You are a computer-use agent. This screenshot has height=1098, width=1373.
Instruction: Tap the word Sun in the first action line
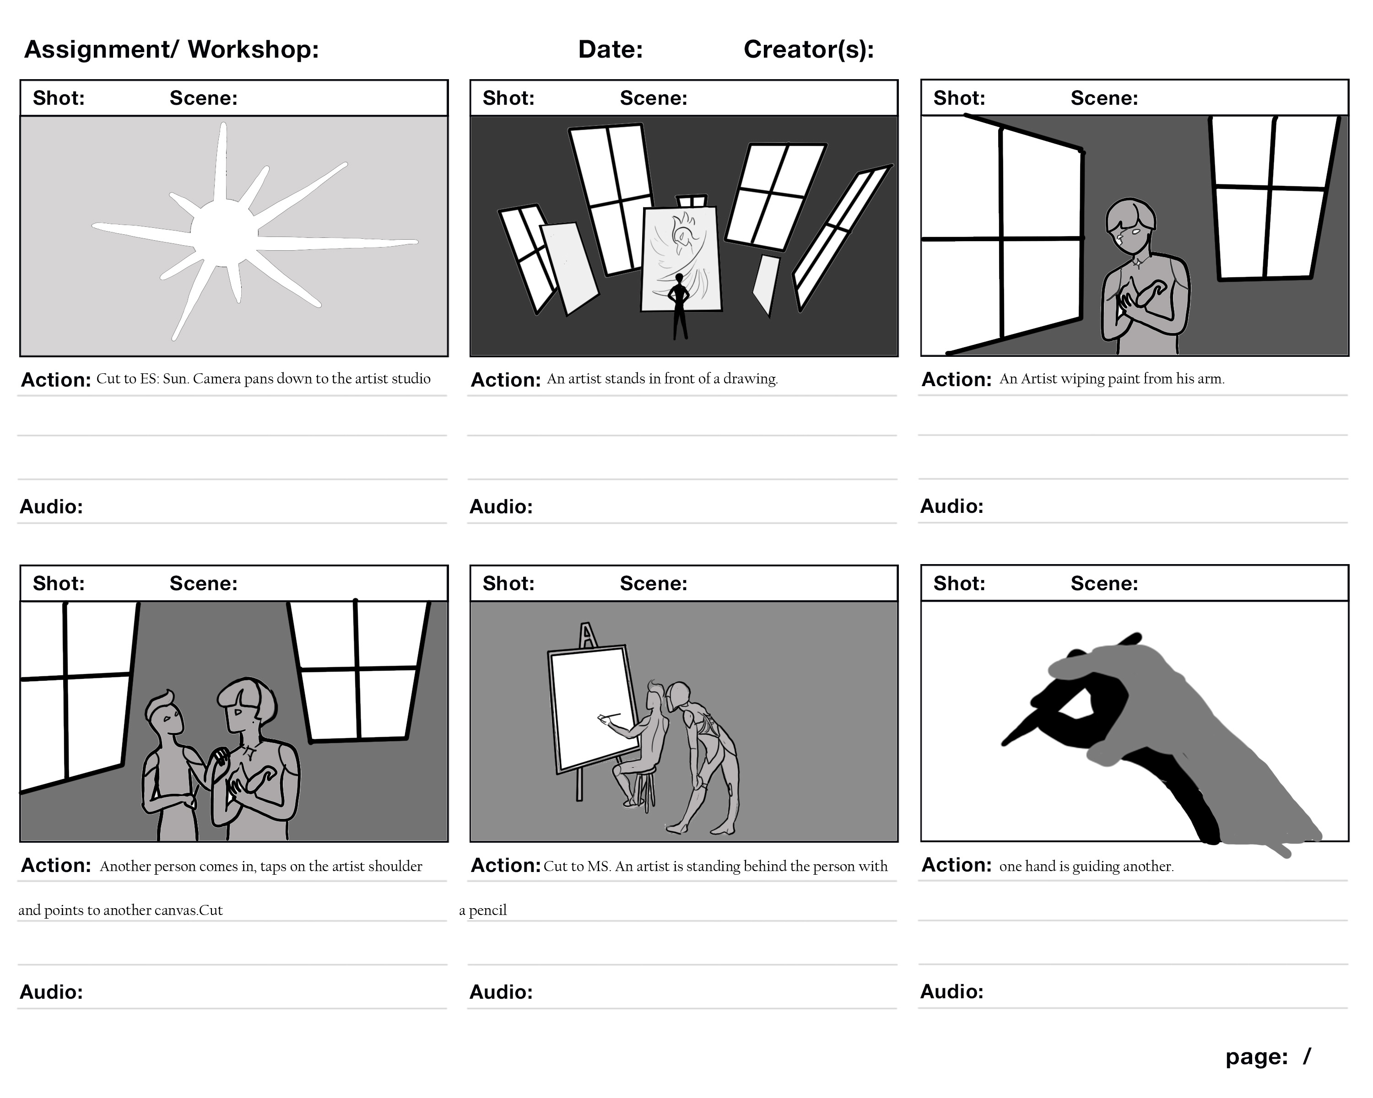pyautogui.click(x=173, y=379)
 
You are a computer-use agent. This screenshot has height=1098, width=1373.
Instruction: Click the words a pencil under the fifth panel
pyautogui.click(x=483, y=910)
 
